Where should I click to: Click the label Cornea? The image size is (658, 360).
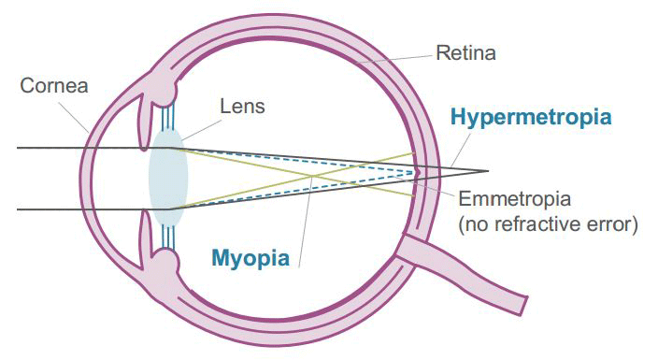pos(54,86)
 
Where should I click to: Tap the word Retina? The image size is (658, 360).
pos(465,52)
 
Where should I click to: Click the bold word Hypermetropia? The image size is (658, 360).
pos(530,118)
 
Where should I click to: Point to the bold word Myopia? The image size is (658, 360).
pos(249,256)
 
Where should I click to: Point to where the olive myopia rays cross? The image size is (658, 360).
pos(310,175)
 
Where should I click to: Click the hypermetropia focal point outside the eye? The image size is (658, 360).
pos(487,171)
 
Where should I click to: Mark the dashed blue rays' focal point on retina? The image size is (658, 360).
pos(418,172)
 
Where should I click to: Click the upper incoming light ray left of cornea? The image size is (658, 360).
pos(47,148)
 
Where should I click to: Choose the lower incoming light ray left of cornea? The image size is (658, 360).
pos(47,209)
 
